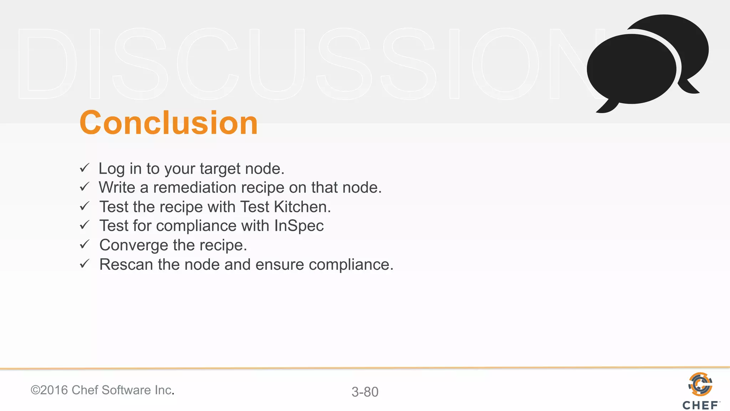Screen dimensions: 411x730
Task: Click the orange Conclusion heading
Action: tap(168, 123)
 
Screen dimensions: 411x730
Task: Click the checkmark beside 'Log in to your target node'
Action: tap(84, 168)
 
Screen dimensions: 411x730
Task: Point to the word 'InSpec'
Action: tap(299, 226)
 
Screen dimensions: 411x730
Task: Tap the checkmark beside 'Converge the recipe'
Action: tap(84, 244)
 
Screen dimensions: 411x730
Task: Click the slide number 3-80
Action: tap(365, 392)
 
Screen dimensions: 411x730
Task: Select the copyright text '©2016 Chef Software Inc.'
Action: tap(102, 390)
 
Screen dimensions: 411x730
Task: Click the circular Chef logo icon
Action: tap(700, 384)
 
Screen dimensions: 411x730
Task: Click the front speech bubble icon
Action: tap(631, 70)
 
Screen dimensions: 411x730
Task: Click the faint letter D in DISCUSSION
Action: tap(46, 64)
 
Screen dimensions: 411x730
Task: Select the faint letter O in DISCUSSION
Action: tap(505, 64)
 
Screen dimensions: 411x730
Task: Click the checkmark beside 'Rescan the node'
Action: tap(84, 264)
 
